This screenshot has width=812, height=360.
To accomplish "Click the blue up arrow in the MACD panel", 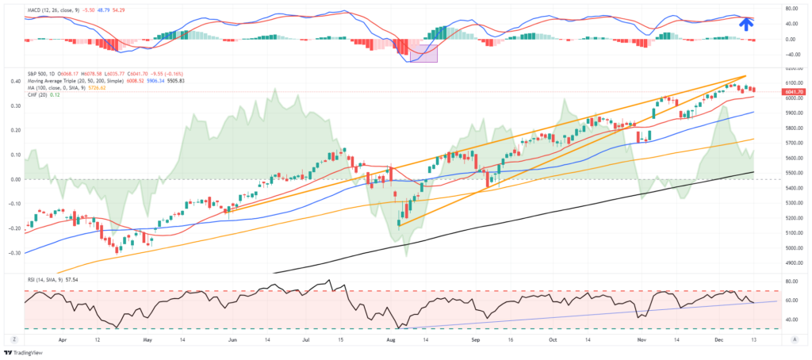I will point(745,23).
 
